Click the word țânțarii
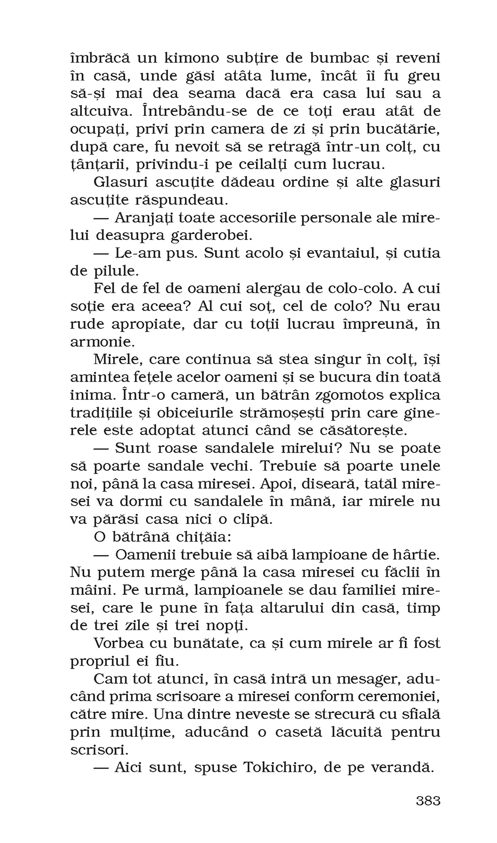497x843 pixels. pyautogui.click(x=99, y=164)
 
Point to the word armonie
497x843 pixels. pyautogui.click(x=101, y=342)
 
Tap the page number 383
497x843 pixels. pyautogui.click(x=428, y=801)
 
